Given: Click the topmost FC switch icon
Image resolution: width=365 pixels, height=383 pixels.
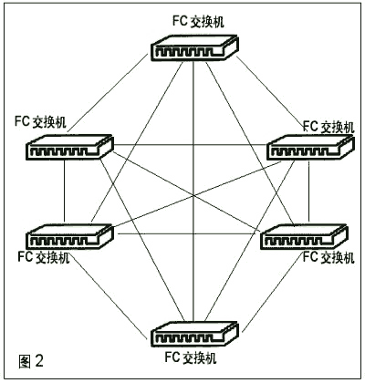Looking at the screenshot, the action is pyautogui.click(x=194, y=48).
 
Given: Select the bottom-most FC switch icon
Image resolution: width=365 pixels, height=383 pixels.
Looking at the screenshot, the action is pyautogui.click(x=194, y=334).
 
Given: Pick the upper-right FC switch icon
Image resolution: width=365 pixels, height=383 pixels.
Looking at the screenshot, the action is pyautogui.click(x=310, y=148).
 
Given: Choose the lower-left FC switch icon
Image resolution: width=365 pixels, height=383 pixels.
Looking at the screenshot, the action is pyautogui.click(x=69, y=236).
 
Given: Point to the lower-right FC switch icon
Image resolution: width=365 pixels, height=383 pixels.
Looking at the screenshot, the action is pyautogui.click(x=304, y=237).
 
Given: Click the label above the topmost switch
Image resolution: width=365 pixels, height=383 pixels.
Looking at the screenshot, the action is pyautogui.click(x=198, y=22).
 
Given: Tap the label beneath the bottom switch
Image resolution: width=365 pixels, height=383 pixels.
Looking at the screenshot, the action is pyautogui.click(x=191, y=357).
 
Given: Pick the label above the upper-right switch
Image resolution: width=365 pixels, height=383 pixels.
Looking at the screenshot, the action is pyautogui.click(x=328, y=127).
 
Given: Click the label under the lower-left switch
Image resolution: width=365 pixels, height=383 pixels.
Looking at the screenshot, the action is pyautogui.click(x=44, y=257).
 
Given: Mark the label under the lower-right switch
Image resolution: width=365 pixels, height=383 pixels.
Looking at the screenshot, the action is pyautogui.click(x=328, y=257).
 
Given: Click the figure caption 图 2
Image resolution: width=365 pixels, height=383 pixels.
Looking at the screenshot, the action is pyautogui.click(x=31, y=361).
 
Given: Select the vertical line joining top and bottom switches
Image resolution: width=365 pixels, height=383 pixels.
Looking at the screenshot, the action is pyautogui.click(x=193, y=191).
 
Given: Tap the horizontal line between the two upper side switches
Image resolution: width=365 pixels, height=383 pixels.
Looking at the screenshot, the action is pyautogui.click(x=190, y=145).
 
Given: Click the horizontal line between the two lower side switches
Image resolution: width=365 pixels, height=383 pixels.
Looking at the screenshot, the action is pyautogui.click(x=189, y=233).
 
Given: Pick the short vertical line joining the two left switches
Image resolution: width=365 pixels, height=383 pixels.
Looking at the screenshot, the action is pyautogui.click(x=65, y=191).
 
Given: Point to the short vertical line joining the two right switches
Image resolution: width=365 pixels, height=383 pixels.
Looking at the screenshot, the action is pyautogui.click(x=308, y=191).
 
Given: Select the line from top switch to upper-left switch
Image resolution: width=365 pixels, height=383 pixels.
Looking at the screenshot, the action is pyautogui.click(x=109, y=93).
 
